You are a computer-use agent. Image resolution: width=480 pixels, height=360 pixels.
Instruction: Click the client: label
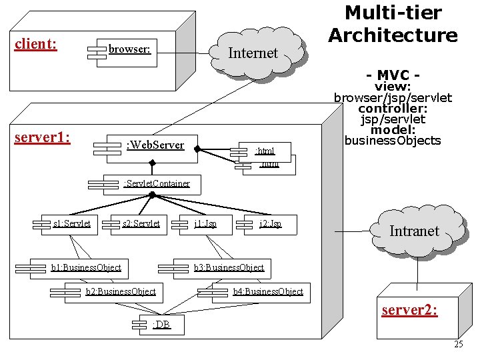pos(35,45)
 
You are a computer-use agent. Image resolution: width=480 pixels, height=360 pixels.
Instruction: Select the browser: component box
pos(127,49)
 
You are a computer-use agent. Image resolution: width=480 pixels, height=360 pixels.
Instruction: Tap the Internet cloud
pos(253,52)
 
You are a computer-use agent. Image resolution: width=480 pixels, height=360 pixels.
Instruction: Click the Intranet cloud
pos(414,231)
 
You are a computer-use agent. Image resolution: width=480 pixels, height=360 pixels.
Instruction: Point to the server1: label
pos(42,137)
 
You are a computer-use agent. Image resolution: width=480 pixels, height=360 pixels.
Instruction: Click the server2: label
pos(409,310)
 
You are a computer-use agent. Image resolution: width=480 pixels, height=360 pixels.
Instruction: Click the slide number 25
pos(458,345)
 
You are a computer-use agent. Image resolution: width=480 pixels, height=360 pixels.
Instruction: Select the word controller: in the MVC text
pos(393,108)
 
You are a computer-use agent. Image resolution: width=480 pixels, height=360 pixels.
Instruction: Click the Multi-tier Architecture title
pos(393,23)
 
